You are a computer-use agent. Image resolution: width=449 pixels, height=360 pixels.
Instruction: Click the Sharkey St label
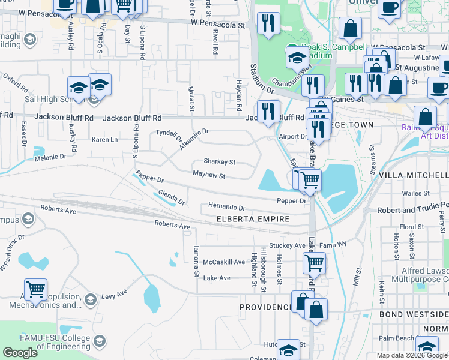219,162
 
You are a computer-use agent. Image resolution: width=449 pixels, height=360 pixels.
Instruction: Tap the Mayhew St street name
208,176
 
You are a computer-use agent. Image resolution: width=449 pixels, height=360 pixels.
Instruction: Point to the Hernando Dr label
227,206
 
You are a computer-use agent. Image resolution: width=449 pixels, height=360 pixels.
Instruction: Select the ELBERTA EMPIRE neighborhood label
253,220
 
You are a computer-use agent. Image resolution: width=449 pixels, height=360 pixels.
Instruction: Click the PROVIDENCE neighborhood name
266,307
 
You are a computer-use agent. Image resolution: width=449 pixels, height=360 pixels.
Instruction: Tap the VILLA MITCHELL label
418,175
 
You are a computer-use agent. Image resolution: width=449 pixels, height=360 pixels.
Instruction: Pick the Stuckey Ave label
288,245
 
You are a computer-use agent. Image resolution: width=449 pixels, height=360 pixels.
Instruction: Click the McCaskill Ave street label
224,262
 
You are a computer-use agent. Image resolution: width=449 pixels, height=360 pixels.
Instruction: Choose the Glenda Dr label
172,197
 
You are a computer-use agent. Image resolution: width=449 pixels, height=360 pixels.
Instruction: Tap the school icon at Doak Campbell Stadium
297,58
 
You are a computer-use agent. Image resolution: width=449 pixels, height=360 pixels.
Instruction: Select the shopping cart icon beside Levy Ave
36,289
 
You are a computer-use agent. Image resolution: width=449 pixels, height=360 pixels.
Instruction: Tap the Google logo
20,353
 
